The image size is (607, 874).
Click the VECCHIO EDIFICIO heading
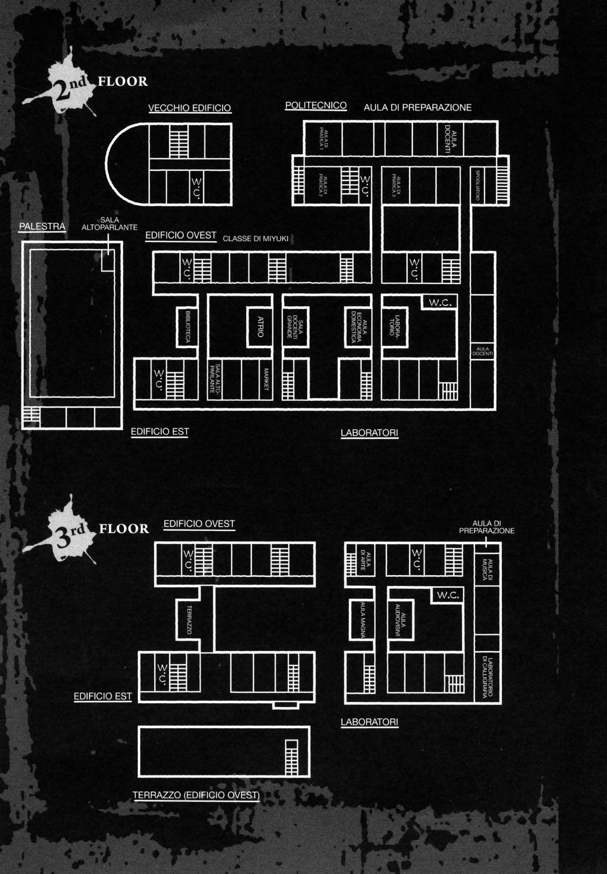click(x=189, y=108)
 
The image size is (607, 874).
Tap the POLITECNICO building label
click(x=316, y=105)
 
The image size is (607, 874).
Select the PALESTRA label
click(x=42, y=227)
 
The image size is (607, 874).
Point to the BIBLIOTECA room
click(x=187, y=327)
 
